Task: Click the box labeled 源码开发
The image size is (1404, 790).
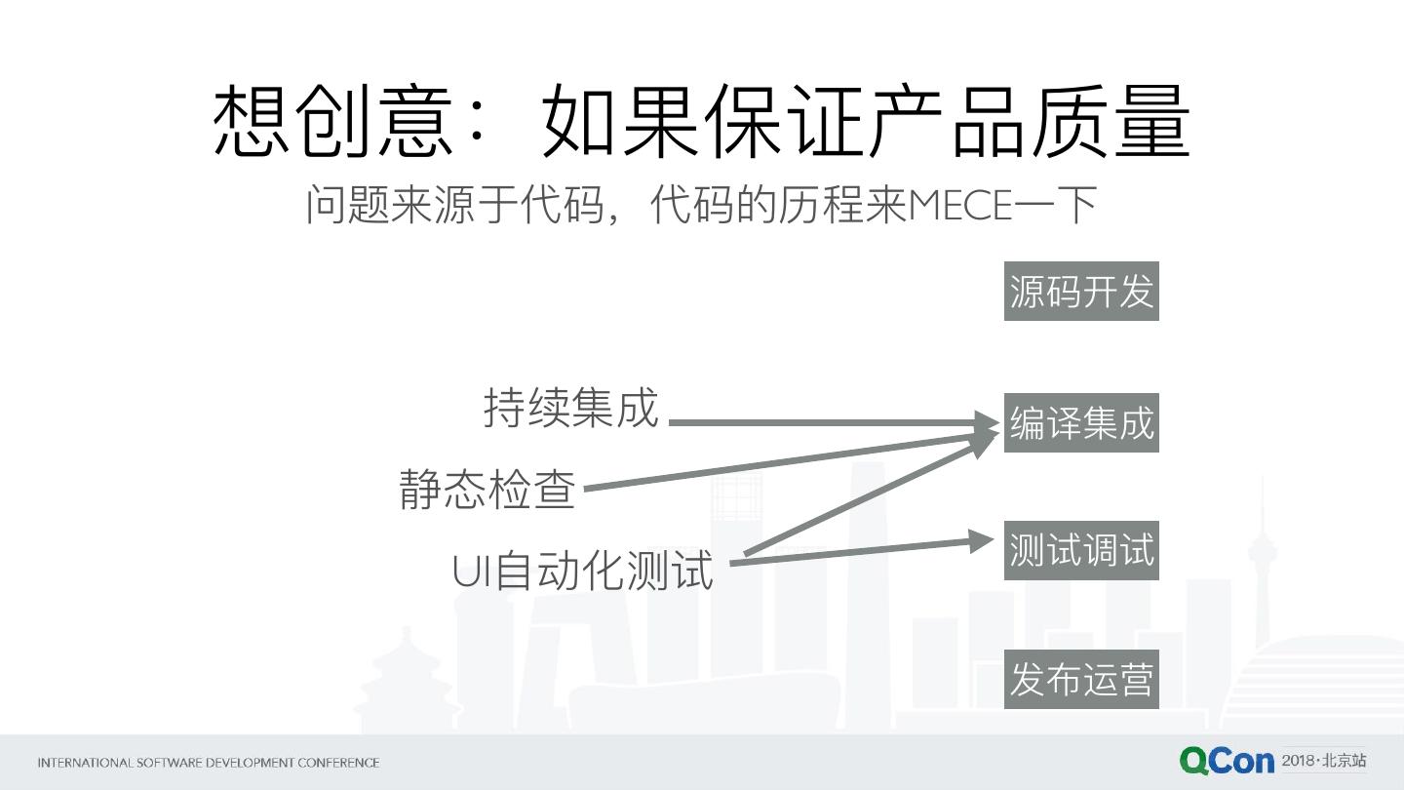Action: [x=1081, y=291]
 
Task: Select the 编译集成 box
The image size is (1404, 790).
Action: [x=1081, y=423]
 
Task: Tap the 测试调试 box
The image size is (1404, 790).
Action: [x=1081, y=551]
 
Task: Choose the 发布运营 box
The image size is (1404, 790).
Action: [x=1081, y=679]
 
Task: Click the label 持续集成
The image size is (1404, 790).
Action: [x=571, y=408]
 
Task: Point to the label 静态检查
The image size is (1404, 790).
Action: [x=487, y=489]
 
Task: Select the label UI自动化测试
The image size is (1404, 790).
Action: [x=583, y=571]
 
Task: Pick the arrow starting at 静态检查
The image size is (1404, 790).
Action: [x=780, y=461]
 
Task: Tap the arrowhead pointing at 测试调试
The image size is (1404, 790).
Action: [x=983, y=540]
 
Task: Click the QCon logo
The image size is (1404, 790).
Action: [x=1227, y=761]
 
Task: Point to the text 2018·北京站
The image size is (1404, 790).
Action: [x=1324, y=760]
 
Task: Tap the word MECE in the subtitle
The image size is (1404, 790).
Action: [x=959, y=206]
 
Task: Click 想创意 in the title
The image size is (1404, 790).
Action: [x=332, y=122]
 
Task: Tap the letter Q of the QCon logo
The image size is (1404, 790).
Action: [x=1195, y=761]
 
